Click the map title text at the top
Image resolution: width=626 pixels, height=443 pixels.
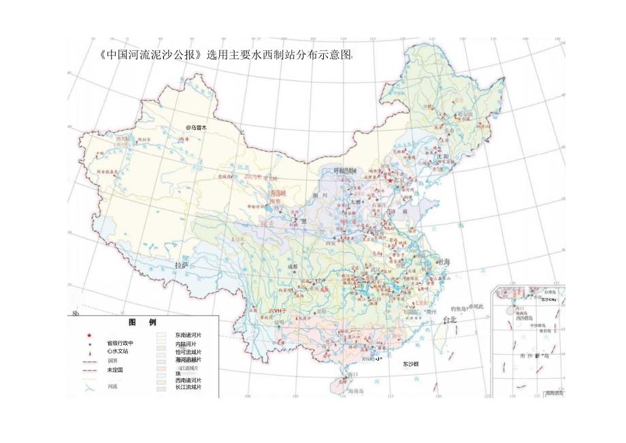point(225,56)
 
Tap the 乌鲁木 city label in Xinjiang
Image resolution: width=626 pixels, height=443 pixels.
point(197,127)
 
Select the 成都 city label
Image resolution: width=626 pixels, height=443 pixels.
point(293,267)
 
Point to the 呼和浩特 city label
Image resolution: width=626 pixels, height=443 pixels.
point(344,171)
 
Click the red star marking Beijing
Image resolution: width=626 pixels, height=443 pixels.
point(390,181)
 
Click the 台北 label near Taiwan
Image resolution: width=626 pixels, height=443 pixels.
point(451,319)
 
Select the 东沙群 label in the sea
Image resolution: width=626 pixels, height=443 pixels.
point(410,364)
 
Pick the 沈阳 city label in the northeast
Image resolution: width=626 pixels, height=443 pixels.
point(442,156)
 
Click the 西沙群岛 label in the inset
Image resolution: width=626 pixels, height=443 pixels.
point(524,318)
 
